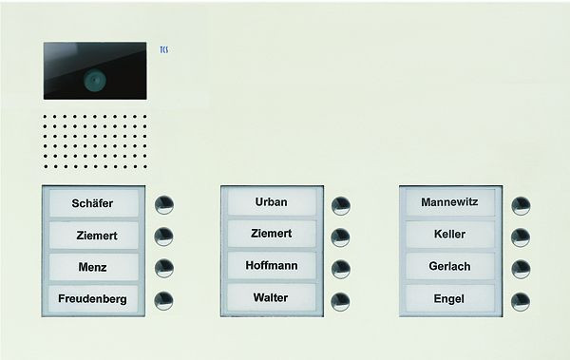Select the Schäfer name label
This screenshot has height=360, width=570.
click(94, 202)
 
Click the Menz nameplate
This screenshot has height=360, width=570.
click(94, 267)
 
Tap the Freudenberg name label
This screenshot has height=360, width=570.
click(94, 300)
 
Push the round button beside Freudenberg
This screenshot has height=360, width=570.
click(163, 301)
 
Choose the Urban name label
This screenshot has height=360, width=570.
click(272, 201)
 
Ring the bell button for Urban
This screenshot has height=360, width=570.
click(341, 204)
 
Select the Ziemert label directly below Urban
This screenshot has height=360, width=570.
click(272, 234)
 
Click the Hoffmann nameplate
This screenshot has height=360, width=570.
click(272, 266)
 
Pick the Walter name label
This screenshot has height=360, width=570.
click(272, 298)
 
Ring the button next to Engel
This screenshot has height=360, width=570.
click(520, 302)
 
